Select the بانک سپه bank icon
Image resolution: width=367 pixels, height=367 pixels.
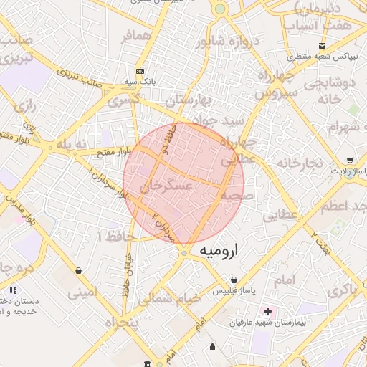pos(140,72)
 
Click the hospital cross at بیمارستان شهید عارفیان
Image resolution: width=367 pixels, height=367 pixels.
pos(267,312)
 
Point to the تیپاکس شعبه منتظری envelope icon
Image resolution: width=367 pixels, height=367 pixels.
pos(291,55)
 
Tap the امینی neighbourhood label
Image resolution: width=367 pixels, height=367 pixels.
pos(81,292)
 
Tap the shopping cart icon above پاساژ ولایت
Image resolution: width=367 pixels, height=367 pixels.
pos(349,161)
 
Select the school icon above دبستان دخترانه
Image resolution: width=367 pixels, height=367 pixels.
pos(13,290)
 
